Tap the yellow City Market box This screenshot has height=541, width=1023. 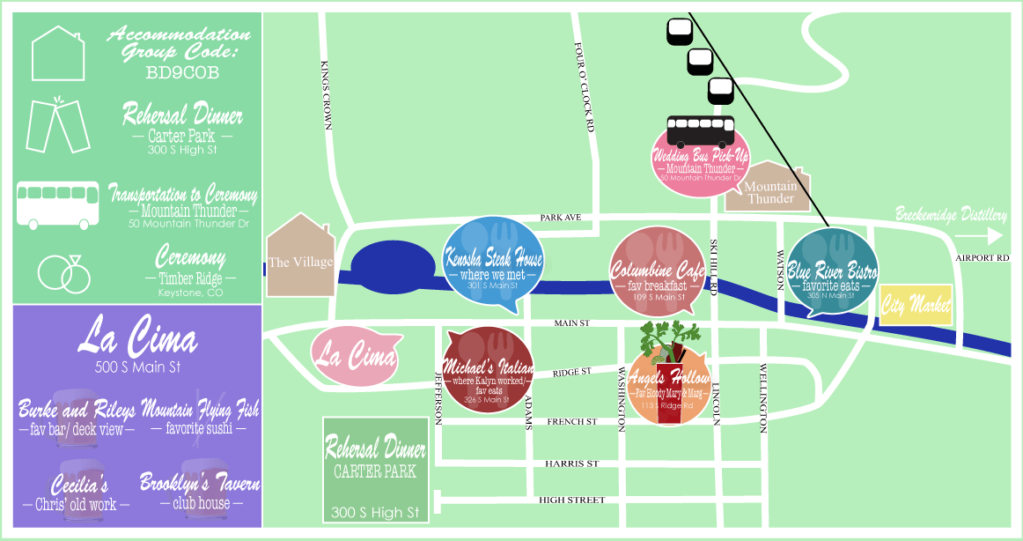(x=916, y=305)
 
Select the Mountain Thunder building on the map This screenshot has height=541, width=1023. (x=769, y=189)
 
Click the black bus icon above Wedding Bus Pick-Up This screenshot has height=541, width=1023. (x=701, y=131)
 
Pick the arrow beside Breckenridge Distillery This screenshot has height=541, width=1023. (x=978, y=236)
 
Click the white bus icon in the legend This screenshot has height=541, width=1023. (x=58, y=205)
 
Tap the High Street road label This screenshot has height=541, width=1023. (x=571, y=500)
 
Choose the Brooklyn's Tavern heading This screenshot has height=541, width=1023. (x=200, y=484)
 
